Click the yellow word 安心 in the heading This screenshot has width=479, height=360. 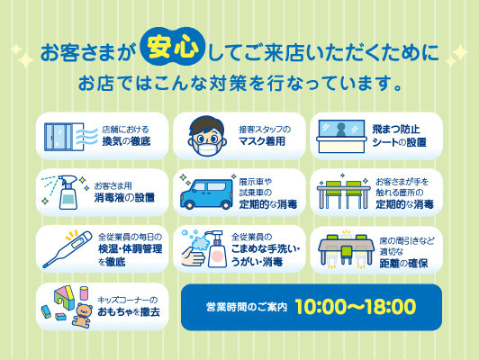(x=172, y=48)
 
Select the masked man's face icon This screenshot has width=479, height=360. (x=207, y=136)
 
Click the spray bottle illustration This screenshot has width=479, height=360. (x=68, y=192)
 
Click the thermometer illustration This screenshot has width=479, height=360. (x=68, y=249)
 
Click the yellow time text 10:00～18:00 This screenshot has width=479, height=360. (x=356, y=307)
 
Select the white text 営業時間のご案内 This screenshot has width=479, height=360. (x=247, y=307)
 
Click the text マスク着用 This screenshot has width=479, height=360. (x=262, y=141)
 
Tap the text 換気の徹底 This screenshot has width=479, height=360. (x=126, y=141)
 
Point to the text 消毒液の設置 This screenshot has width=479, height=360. (x=124, y=198)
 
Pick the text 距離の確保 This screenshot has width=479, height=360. (x=403, y=263)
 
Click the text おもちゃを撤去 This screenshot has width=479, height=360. (x=129, y=312)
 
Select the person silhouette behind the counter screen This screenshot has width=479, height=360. (x=341, y=130)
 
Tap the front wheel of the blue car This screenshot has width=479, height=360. (x=190, y=205)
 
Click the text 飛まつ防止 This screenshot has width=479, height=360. (x=396, y=130)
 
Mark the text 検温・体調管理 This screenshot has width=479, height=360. (x=131, y=249)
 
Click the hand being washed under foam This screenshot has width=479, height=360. (x=192, y=256)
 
